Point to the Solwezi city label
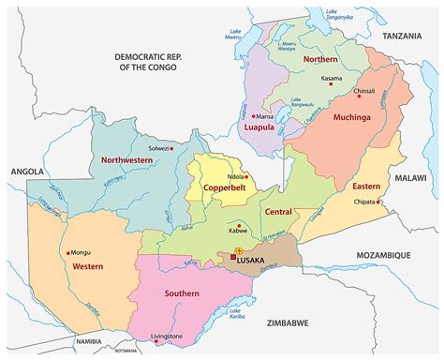coord(161,149)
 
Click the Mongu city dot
coord(69,252)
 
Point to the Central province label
coord(278,214)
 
